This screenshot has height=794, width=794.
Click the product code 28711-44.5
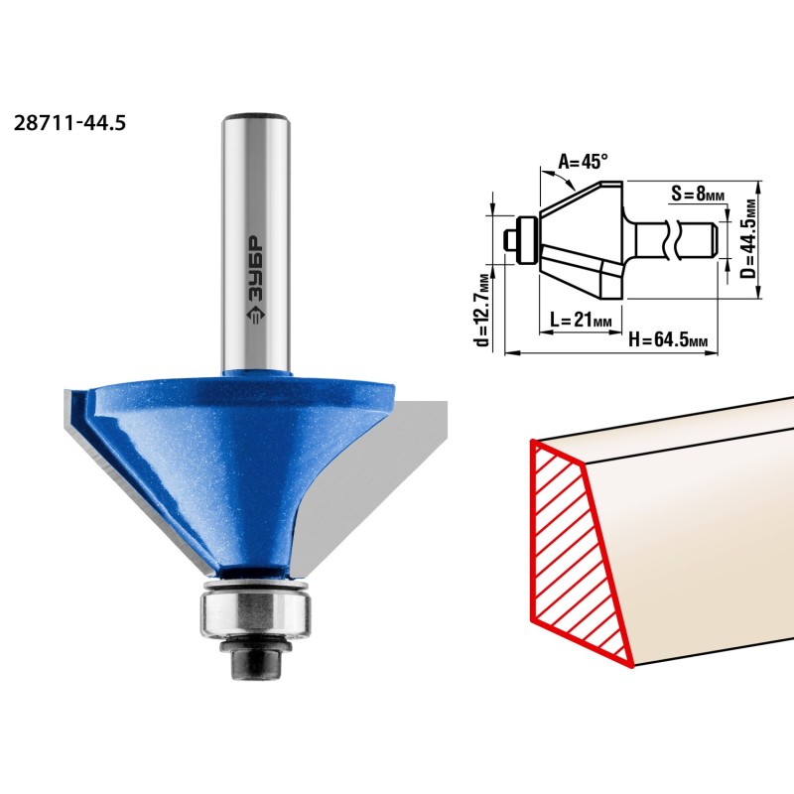(x=69, y=123)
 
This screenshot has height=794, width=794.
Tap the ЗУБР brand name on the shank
(x=256, y=270)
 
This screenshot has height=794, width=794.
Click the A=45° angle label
(x=583, y=162)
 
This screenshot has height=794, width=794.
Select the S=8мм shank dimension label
(x=698, y=193)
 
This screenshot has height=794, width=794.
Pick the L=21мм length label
(x=581, y=320)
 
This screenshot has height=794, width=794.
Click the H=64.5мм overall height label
(x=667, y=338)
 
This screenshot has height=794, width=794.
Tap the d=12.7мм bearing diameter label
(x=483, y=310)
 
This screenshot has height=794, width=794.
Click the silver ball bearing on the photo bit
(x=255, y=613)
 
